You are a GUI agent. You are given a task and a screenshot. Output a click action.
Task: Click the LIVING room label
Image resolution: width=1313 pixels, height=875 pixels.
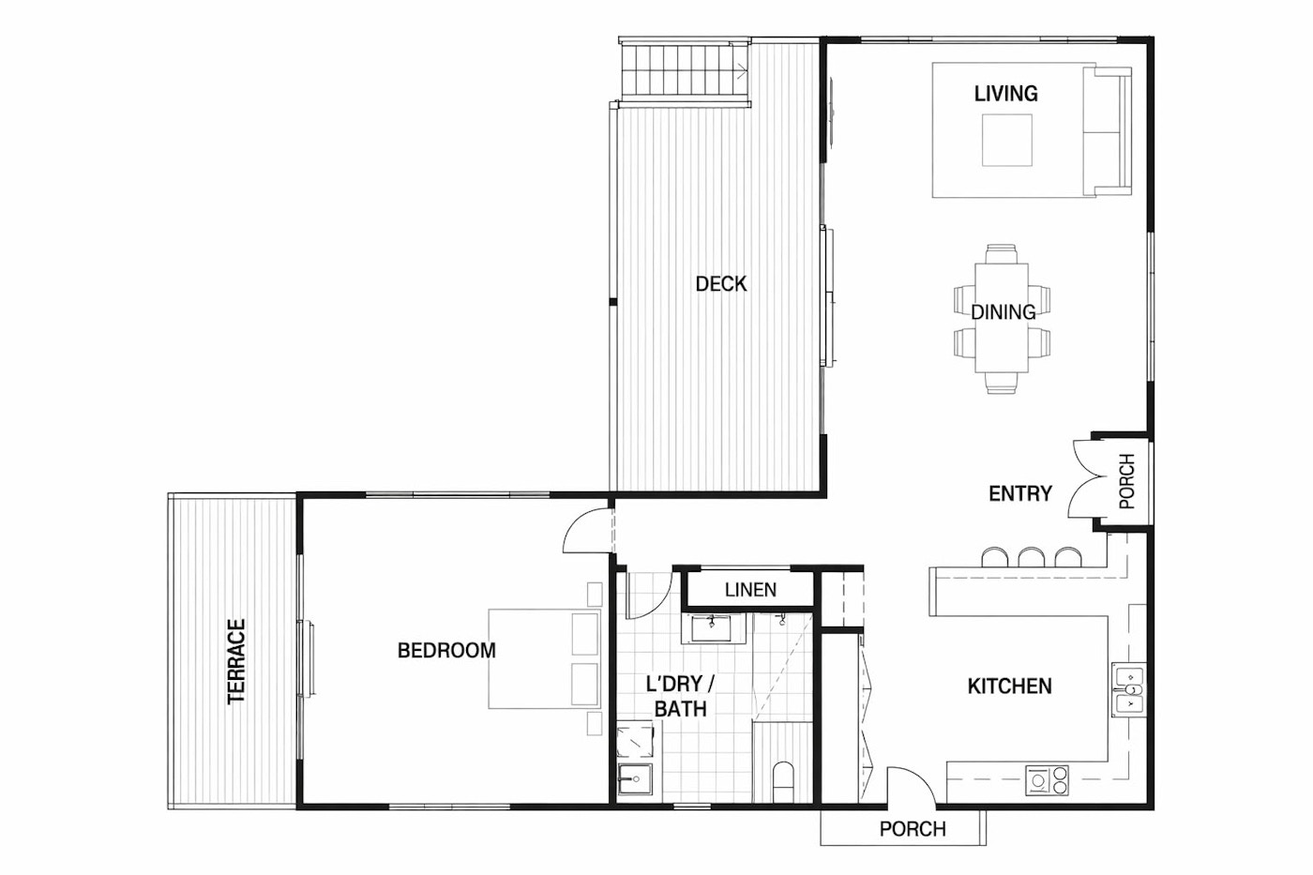tap(1005, 94)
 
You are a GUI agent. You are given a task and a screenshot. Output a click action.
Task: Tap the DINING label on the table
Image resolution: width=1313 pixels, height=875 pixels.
tap(1003, 312)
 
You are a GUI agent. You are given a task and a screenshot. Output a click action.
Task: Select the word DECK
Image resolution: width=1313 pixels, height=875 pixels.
tap(721, 283)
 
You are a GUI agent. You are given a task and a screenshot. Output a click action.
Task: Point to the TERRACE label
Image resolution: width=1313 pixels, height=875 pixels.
tap(235, 661)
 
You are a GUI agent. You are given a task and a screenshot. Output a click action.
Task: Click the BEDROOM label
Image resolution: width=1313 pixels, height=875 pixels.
tap(446, 650)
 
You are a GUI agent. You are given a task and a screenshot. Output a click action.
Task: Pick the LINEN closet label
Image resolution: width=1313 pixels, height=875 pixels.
tap(750, 590)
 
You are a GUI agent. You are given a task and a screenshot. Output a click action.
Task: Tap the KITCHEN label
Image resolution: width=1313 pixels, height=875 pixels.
tap(1009, 686)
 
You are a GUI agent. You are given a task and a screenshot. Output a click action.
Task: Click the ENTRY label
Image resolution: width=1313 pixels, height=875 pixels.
tap(1020, 493)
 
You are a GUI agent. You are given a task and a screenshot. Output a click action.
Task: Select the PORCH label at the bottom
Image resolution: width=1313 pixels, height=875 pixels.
tap(913, 829)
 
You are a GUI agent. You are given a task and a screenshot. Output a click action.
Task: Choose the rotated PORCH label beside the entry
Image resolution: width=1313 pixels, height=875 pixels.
tap(1126, 481)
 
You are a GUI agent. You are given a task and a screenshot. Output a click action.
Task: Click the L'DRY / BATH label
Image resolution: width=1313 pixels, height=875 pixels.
tap(680, 696)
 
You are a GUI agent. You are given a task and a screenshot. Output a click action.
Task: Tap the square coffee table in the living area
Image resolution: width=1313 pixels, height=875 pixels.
tap(1007, 140)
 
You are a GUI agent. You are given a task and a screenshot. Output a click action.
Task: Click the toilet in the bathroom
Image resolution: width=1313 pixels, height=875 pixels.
tap(783, 782)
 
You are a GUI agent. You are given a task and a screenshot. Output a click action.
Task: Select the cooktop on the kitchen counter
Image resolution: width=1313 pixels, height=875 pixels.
tap(1047, 780)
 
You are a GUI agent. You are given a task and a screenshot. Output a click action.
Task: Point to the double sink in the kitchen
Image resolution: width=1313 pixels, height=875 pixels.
tap(1128, 689)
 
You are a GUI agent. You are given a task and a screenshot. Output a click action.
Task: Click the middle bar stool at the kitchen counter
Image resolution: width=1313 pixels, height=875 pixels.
tap(1031, 557)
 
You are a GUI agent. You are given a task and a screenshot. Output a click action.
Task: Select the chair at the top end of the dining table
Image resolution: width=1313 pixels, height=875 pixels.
tap(1002, 254)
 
